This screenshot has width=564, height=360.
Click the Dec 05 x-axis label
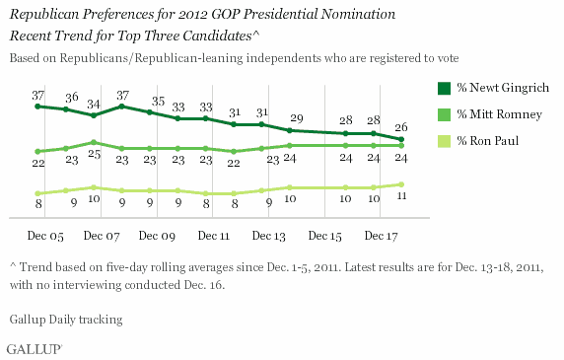tap(45, 238)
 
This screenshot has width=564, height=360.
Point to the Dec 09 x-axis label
tap(158, 238)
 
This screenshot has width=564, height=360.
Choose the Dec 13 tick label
tap(269, 238)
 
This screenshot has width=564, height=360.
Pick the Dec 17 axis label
tap(381, 238)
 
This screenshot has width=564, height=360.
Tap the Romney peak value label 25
tap(93, 155)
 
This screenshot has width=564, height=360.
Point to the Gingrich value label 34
tap(93, 104)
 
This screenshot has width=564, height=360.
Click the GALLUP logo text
tap(34, 348)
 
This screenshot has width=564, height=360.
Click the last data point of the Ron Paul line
tap(402, 184)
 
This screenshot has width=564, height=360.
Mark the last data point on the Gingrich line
tap(402, 139)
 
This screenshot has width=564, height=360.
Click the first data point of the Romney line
tap(37, 151)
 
